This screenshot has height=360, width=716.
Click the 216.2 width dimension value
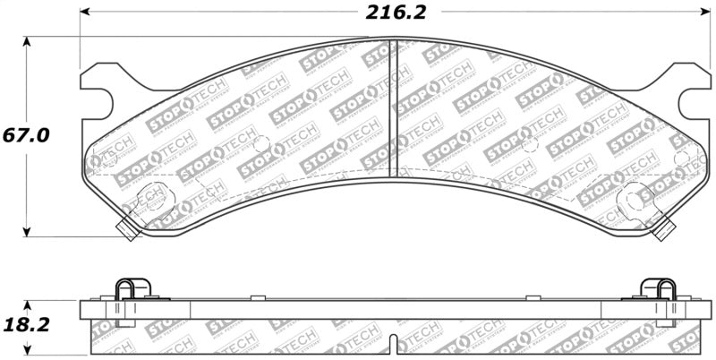coord(395,13)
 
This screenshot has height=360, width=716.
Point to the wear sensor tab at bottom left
coord(126,230)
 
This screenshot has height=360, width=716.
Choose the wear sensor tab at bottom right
coord(663,230)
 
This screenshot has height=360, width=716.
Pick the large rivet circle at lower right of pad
coord(635,196)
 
